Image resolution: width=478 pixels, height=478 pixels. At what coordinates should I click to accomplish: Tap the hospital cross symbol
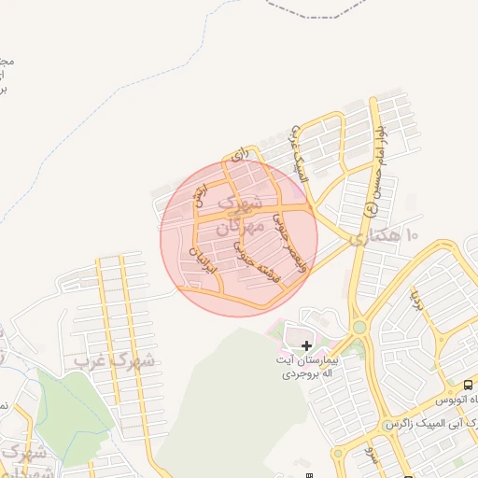click(x=306, y=345)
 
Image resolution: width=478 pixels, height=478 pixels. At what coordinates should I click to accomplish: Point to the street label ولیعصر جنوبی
click(x=286, y=233)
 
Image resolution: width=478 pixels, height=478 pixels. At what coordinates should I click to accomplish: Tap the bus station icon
click(x=468, y=385)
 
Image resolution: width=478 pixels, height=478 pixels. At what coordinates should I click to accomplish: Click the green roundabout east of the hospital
click(x=358, y=328)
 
